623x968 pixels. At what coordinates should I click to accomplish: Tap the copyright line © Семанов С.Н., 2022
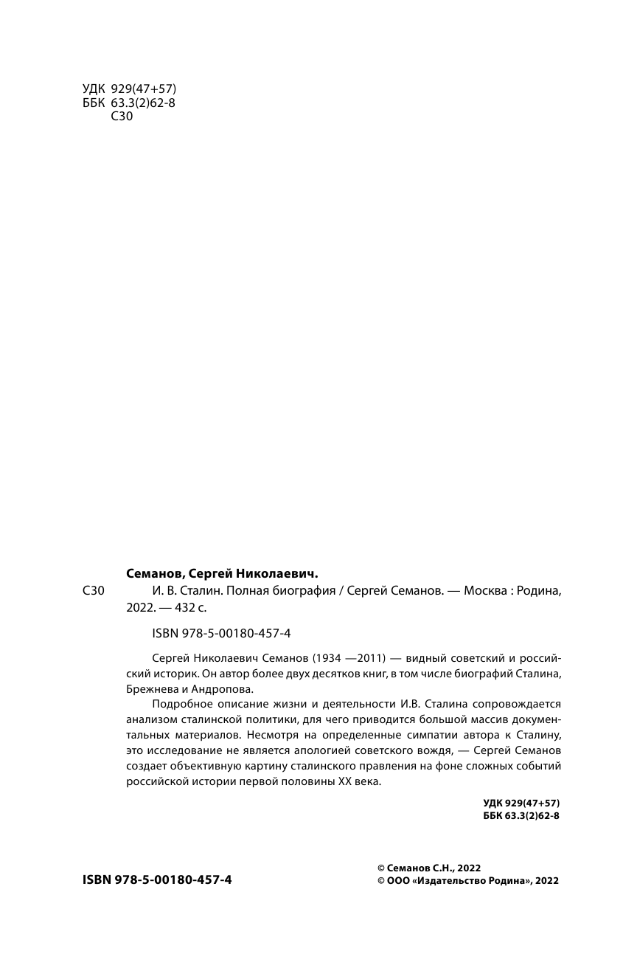click(428, 868)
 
